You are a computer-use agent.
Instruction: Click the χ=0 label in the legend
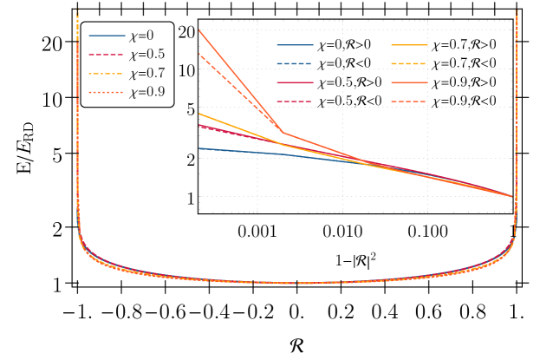[141, 36]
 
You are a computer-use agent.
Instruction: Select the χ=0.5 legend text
[146, 55]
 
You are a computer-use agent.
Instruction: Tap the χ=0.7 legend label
[146, 74]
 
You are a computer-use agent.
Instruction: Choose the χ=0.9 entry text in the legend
[146, 93]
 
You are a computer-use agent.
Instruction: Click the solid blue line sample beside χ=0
[107, 36]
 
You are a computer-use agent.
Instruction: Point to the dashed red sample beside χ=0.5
[107, 55]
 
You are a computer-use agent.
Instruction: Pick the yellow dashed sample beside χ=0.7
[107, 74]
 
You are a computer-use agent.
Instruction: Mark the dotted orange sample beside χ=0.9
[107, 93]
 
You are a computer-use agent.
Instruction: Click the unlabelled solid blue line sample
[295, 45]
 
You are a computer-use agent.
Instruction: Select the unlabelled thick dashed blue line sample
[295, 63]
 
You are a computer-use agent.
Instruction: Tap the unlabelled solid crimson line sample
[295, 82]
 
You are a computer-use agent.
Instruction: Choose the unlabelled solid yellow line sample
[409, 45]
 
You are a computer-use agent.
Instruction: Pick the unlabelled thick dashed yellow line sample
[409, 63]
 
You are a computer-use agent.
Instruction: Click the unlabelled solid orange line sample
[409, 82]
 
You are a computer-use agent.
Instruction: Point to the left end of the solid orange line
[199, 30]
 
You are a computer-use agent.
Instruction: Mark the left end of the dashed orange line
[199, 54]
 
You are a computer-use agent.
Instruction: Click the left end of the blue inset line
[199, 148]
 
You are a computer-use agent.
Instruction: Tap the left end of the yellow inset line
[199, 114]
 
